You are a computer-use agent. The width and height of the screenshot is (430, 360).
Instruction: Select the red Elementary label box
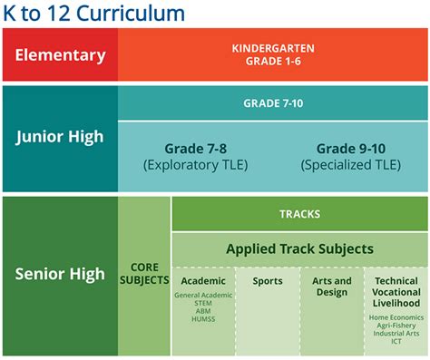(x=60, y=54)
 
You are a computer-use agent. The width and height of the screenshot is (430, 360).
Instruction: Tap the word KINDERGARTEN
(x=272, y=48)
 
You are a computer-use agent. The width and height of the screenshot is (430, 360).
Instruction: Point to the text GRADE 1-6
(x=272, y=61)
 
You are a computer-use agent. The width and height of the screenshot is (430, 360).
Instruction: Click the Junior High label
(x=60, y=138)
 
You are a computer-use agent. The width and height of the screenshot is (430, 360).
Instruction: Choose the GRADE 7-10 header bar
(x=272, y=103)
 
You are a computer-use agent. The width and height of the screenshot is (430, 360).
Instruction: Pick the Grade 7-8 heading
(x=197, y=148)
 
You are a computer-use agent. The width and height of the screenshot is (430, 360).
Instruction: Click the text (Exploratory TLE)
(x=197, y=164)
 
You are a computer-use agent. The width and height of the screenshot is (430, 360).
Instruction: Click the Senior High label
(x=60, y=272)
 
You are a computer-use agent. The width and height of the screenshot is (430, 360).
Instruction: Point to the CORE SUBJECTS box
(x=144, y=275)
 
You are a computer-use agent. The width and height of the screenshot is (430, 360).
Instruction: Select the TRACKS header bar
(x=298, y=214)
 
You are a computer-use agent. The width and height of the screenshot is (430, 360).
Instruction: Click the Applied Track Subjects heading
(x=298, y=248)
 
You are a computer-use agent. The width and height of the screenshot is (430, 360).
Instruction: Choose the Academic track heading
(x=202, y=281)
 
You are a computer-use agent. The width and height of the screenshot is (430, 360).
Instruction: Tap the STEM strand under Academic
(x=202, y=304)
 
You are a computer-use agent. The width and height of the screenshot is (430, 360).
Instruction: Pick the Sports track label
(x=267, y=281)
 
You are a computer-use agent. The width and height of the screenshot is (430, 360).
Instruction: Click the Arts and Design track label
(x=331, y=287)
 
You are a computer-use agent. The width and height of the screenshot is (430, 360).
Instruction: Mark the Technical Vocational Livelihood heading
(x=396, y=293)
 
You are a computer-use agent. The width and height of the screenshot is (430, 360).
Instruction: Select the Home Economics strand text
(x=396, y=318)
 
